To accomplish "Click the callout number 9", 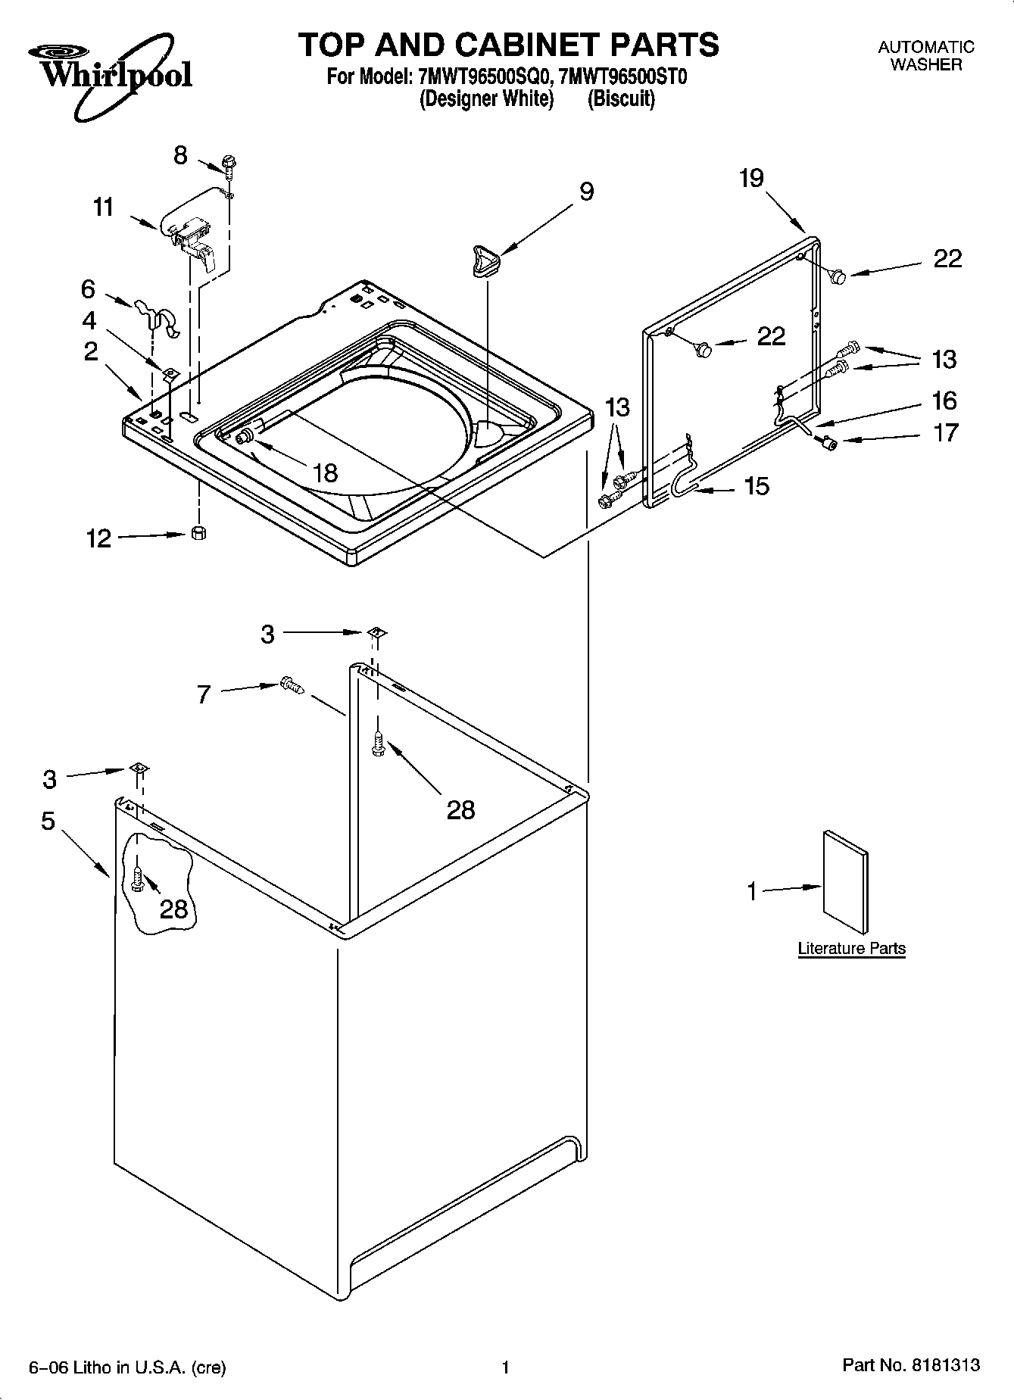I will [x=586, y=192].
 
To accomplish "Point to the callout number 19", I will [x=751, y=179].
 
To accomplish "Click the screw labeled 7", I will [x=292, y=684].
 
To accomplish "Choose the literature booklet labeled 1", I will [x=845, y=882].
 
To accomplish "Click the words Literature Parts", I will [x=851, y=948].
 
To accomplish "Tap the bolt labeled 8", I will [x=227, y=164].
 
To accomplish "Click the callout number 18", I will [x=324, y=473].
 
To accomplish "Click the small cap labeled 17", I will [x=828, y=444].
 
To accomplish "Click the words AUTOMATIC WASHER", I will [x=925, y=55].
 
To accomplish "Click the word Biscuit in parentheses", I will [x=621, y=99].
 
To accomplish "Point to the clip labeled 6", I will [x=156, y=316].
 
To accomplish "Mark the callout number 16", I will [x=944, y=400].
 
